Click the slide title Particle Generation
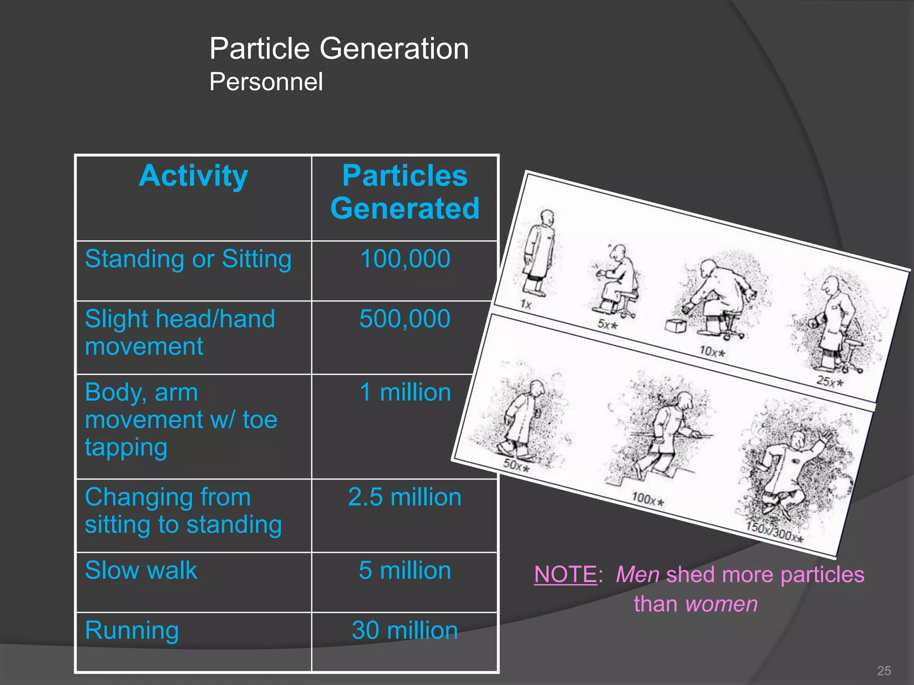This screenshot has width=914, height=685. tap(339, 49)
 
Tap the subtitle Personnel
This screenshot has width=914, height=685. tap(266, 82)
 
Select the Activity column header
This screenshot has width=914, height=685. tap(193, 176)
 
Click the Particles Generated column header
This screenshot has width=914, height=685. tap(405, 192)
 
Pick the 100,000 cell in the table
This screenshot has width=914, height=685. tap(405, 259)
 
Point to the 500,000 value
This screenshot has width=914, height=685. tap(405, 319)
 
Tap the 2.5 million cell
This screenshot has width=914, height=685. tap(405, 497)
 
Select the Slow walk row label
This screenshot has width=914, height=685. tap(141, 571)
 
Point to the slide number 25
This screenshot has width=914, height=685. tap(884, 671)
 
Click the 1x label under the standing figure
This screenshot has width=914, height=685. tap(526, 305)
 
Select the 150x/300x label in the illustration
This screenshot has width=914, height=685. tap(775, 533)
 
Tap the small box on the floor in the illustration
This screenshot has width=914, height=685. tap(675, 326)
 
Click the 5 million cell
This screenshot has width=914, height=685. tap(405, 571)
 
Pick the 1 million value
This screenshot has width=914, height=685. tap(405, 393)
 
